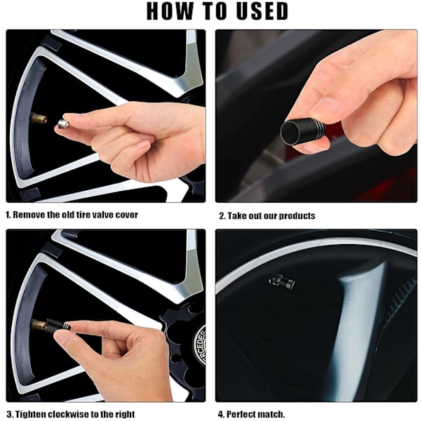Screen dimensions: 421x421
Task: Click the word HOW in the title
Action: pos(170,11)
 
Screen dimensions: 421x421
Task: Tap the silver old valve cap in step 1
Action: pos(63,124)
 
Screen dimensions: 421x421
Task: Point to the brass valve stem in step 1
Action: pos(39,118)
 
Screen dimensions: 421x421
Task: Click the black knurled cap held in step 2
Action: pos(302,132)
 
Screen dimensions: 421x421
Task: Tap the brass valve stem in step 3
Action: pos(39,324)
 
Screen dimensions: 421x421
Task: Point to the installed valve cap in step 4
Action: pos(282,283)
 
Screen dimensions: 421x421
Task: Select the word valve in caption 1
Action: pos(103,215)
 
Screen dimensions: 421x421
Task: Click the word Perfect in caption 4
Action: pos(240,414)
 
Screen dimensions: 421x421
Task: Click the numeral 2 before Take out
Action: pos(222,216)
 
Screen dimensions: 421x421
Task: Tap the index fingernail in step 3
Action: pos(61,340)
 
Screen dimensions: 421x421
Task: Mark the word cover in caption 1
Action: pos(127,215)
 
